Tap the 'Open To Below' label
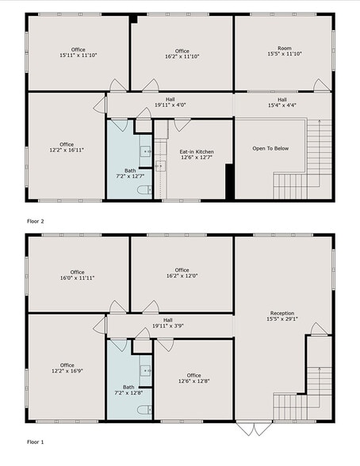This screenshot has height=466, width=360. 270,148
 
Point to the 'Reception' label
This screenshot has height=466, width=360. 282,313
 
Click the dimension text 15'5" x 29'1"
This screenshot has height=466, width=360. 282,320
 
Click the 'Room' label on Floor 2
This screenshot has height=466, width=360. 284,48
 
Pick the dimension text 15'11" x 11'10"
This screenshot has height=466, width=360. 78,56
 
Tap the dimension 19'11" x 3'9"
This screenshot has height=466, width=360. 168,325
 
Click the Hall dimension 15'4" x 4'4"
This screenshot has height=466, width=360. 281,105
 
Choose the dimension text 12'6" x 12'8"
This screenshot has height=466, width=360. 194,381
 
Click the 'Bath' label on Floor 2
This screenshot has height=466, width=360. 129,170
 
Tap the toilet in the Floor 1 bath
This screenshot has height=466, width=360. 144,410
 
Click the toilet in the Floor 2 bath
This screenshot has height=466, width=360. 144,190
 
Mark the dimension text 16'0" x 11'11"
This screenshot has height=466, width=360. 78,277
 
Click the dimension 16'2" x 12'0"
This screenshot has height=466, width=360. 182,277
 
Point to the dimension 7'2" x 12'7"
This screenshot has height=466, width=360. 129,177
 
